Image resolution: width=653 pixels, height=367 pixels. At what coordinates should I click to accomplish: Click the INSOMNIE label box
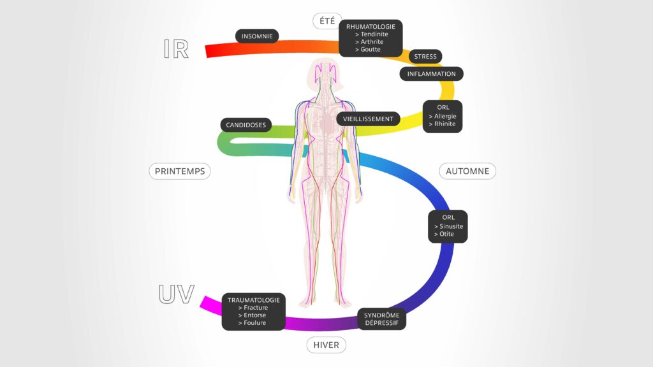coord(257,36)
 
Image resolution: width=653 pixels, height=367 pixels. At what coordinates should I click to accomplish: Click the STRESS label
coord(425,57)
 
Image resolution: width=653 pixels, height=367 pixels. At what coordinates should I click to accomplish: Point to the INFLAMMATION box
coord(431,74)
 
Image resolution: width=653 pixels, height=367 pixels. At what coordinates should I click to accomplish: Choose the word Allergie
coord(445,116)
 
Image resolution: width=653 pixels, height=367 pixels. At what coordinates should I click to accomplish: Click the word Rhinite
coord(444,124)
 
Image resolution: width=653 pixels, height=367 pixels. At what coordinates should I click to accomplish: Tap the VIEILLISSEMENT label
coord(368,119)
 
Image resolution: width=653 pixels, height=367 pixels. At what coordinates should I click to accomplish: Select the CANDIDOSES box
coord(246,125)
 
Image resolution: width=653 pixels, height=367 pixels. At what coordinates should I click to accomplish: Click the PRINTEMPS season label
coord(180,171)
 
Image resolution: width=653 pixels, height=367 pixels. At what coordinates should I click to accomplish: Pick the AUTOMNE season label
coord(467,171)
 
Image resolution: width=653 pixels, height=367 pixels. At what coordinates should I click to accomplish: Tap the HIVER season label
coord(326,345)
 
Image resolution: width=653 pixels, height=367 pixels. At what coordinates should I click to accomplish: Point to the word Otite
coord(446,234)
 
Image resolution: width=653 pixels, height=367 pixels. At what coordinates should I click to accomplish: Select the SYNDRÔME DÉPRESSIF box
coord(381,319)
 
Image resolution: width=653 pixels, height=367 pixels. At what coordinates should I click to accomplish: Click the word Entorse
coord(254,315)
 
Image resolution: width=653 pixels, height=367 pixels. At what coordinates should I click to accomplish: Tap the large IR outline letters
coord(176,49)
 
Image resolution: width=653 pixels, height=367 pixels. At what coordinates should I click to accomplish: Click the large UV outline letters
coord(176,294)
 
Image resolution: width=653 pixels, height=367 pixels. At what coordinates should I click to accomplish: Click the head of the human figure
coord(326,73)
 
